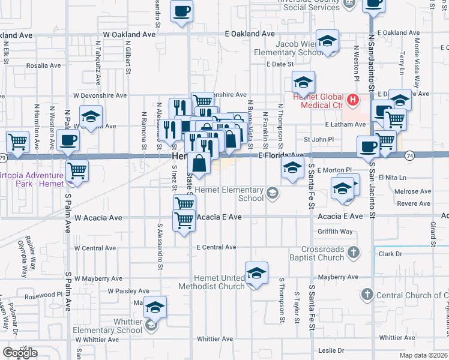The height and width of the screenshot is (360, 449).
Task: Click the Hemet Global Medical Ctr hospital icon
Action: click(x=353, y=99)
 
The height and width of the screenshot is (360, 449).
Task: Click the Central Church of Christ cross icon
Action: click(x=367, y=295)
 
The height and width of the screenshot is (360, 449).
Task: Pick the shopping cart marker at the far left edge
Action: click(x=18, y=142)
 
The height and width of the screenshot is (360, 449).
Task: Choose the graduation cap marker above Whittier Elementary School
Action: click(x=155, y=307)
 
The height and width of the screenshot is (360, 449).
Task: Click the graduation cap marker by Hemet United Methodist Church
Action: click(x=256, y=274)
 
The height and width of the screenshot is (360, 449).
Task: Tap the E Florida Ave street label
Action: click(x=281, y=155)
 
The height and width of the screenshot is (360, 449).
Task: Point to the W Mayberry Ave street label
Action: click(x=98, y=279)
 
